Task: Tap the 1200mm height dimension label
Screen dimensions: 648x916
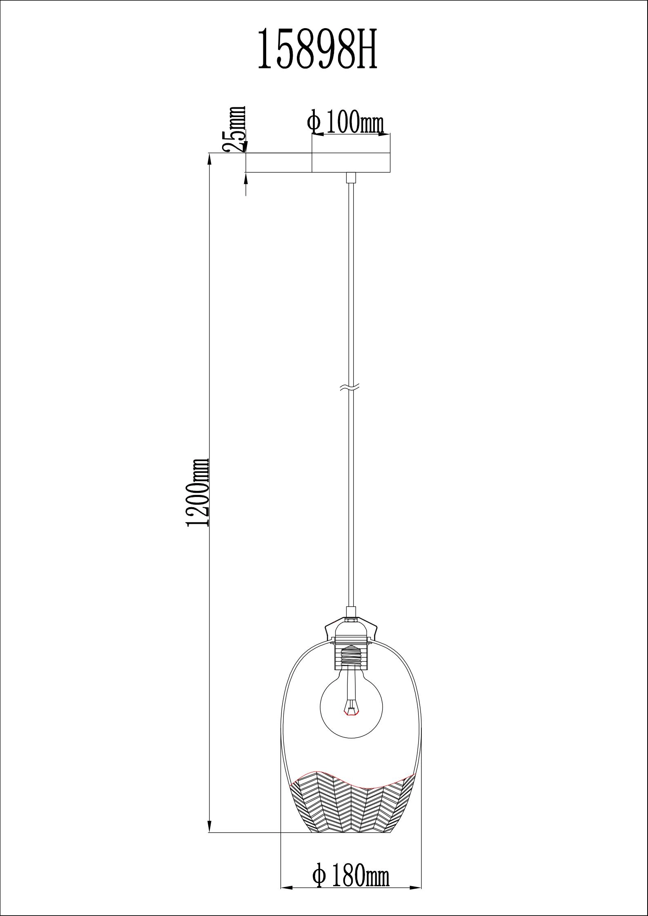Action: pos(198,492)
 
